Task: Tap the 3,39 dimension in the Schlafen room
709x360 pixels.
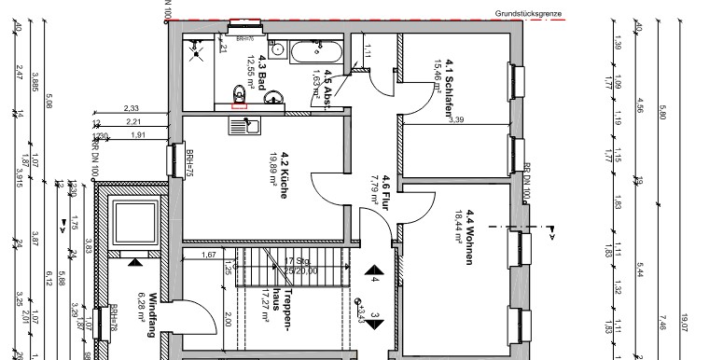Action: (x=456, y=119)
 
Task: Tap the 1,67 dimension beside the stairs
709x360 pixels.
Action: (x=209, y=255)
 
